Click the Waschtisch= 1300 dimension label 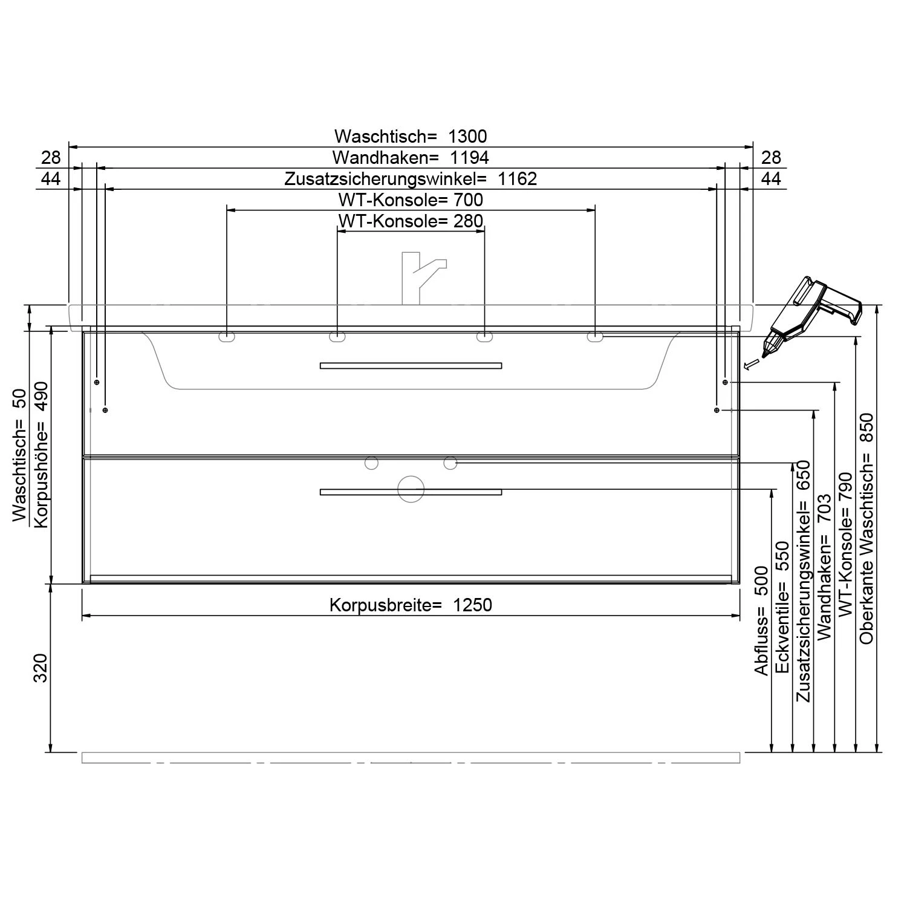coord(411,136)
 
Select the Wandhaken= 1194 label coord(411,158)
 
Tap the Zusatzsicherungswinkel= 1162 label coord(411,179)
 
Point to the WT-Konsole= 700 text coord(411,200)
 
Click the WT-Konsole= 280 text coord(411,221)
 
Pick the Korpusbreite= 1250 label coord(411,605)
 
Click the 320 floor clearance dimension coord(41,668)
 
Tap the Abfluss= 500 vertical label coord(761,621)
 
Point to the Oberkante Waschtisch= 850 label coord(866,528)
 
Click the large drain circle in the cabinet coord(411,489)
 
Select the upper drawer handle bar coord(411,365)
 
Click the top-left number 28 coord(51,158)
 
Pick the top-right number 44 coord(771,179)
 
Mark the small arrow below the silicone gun coord(750,363)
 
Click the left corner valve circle coord(371,463)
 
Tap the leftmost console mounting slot coord(227,337)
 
